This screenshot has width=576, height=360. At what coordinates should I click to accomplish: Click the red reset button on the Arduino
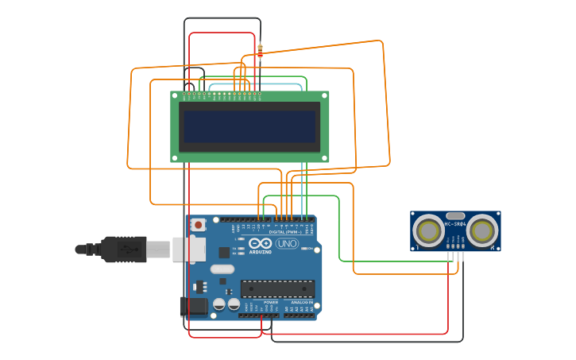[198, 225]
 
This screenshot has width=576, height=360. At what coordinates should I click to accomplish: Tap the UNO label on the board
[287, 244]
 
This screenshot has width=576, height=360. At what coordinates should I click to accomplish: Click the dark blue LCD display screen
[249, 126]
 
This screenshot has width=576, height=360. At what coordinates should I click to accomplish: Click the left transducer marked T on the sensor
[429, 231]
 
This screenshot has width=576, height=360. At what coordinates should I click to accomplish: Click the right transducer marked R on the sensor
[481, 231]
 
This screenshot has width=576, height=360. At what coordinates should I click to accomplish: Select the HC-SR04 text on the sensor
[455, 224]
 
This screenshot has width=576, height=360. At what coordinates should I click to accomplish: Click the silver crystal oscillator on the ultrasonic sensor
[455, 215]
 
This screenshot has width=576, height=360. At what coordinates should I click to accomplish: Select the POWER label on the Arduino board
[271, 302]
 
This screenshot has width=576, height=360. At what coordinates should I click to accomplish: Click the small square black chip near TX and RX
[224, 253]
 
